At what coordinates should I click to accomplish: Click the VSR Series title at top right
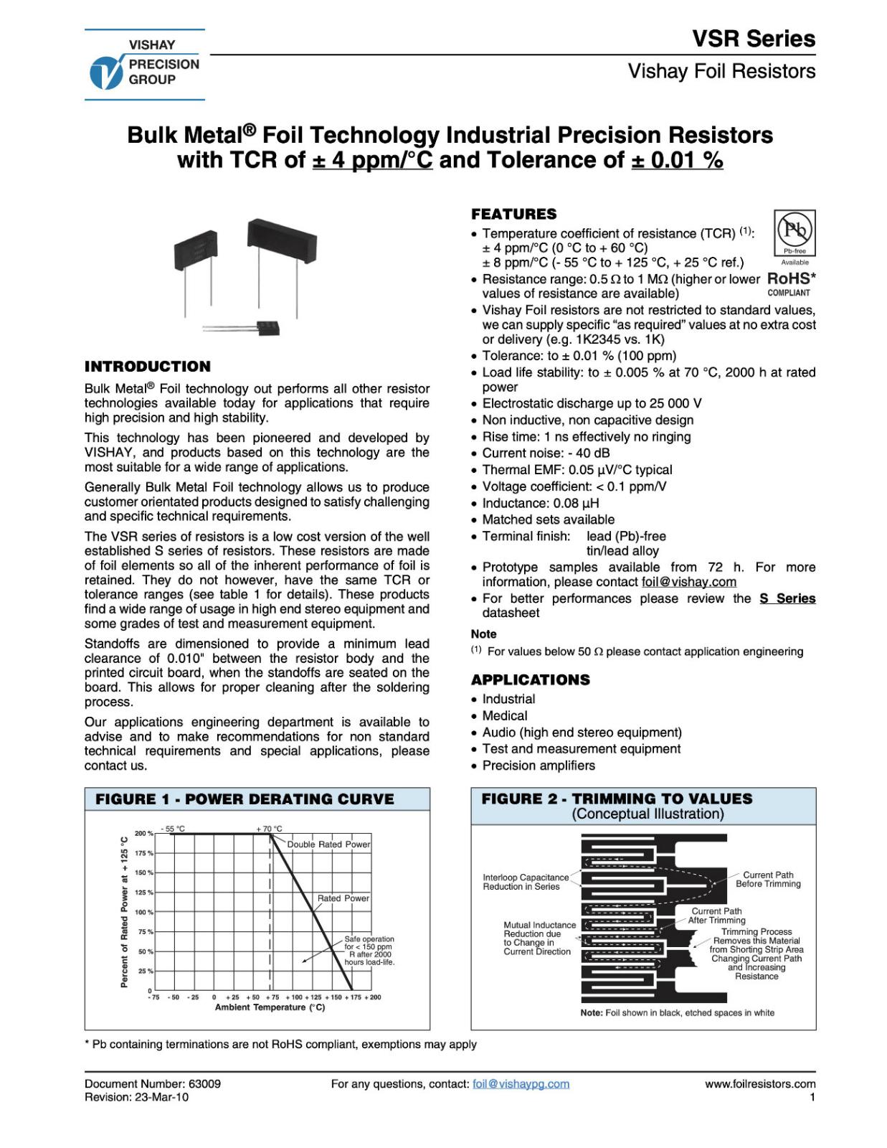pyautogui.click(x=754, y=39)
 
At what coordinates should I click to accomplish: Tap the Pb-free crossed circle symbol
pyautogui.click(x=794, y=230)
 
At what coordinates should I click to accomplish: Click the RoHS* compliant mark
pyautogui.click(x=791, y=283)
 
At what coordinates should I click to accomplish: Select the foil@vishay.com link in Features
pyautogui.click(x=688, y=582)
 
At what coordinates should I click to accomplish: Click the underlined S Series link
pyautogui.click(x=787, y=598)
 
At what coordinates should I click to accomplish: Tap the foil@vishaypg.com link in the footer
pyautogui.click(x=521, y=1084)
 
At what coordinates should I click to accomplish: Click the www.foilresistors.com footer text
pyautogui.click(x=760, y=1084)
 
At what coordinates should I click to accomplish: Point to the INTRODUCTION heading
pyautogui.click(x=148, y=367)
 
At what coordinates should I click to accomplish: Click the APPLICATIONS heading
pyautogui.click(x=531, y=679)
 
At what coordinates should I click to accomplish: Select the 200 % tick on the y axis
pyautogui.click(x=144, y=834)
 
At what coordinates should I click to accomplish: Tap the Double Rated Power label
pyautogui.click(x=328, y=844)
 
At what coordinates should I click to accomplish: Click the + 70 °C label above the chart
pyautogui.click(x=270, y=829)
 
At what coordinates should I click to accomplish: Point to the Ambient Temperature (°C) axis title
pyautogui.click(x=270, y=1007)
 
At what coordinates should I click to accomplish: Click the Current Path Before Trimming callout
pyautogui.click(x=768, y=879)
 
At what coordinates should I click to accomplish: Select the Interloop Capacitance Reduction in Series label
pyautogui.click(x=526, y=882)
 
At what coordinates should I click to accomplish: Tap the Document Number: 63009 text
pyautogui.click(x=153, y=1084)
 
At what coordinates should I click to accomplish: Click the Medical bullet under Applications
pyautogui.click(x=504, y=715)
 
